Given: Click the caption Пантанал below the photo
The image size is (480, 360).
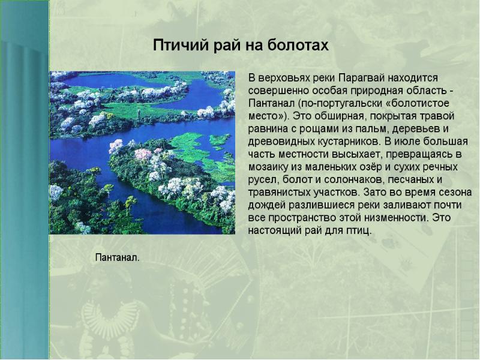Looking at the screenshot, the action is (x=117, y=257).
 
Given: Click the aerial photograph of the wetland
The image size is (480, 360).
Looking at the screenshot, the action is (x=142, y=153).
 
